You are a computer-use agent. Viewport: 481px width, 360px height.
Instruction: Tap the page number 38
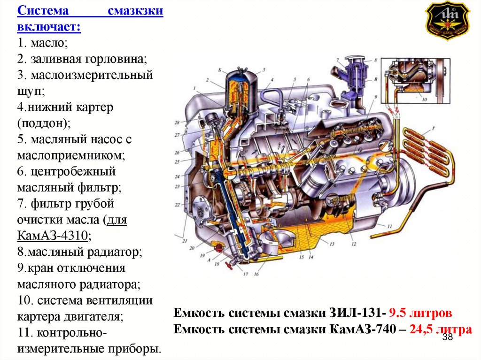(447, 338)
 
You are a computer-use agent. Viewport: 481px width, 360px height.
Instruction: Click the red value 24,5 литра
(440, 329)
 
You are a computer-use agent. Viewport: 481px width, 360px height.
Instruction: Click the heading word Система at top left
(43, 11)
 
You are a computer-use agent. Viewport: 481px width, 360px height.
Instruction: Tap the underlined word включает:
(49, 27)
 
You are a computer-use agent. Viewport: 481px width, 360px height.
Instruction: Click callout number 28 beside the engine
(178, 123)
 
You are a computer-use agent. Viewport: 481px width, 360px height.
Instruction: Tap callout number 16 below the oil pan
(256, 274)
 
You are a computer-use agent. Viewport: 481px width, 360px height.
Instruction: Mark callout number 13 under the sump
(332, 244)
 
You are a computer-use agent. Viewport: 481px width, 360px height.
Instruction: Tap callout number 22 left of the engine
(178, 205)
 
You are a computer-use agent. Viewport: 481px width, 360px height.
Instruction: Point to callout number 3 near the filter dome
(264, 70)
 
